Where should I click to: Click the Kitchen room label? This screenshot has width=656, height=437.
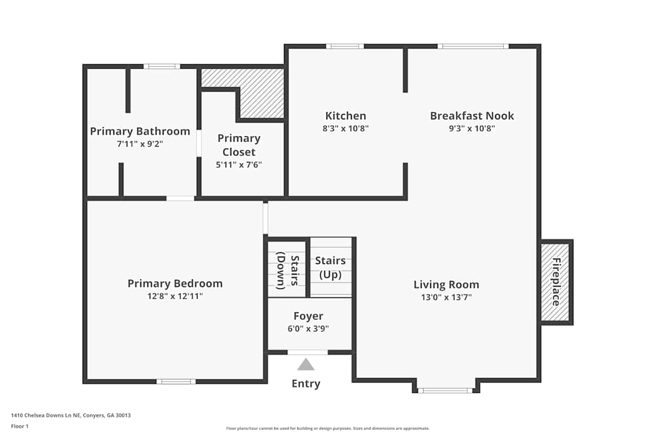(x=346, y=116)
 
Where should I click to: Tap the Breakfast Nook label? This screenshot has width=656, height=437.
(x=472, y=116)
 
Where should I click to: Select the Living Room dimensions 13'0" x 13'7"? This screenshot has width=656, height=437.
(x=446, y=297)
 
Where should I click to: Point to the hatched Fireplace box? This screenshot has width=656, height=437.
(x=556, y=282)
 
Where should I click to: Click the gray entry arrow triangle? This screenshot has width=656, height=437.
(x=306, y=364)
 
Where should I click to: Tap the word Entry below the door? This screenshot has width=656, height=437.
(x=306, y=384)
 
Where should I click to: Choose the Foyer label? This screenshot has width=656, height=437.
(x=308, y=316)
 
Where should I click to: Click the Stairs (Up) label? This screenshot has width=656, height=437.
(x=331, y=267)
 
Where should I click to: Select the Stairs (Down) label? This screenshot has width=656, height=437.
(x=287, y=271)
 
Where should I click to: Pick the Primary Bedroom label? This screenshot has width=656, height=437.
(x=174, y=284)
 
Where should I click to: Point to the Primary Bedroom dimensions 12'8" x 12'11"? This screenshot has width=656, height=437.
(x=174, y=296)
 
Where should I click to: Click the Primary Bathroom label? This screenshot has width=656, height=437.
(x=140, y=131)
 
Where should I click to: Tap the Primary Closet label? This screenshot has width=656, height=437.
(x=239, y=145)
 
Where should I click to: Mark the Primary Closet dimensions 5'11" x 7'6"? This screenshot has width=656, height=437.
(x=239, y=164)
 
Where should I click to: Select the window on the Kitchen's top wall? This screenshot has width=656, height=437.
(x=345, y=47)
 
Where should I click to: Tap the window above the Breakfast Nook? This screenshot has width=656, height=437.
(x=473, y=47)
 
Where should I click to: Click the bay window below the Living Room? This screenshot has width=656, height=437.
(x=445, y=390)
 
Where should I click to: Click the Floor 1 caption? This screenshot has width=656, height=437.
(x=20, y=426)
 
